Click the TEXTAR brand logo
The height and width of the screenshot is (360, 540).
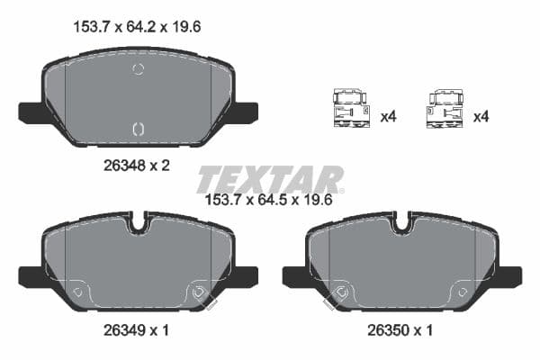click(x=270, y=179)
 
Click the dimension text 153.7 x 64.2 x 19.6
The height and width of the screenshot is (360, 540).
click(x=136, y=27)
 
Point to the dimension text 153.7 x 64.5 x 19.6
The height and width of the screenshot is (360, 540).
click(x=270, y=201)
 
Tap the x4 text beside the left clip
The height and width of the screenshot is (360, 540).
click(x=389, y=116)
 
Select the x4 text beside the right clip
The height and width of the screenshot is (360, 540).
click(x=481, y=116)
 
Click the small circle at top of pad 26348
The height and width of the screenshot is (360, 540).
click(x=138, y=69)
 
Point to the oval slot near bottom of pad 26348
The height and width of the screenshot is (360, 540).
click(x=138, y=130)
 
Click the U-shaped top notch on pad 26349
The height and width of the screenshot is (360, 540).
click(x=138, y=221)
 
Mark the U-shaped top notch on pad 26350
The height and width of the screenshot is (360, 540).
click(x=401, y=221)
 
